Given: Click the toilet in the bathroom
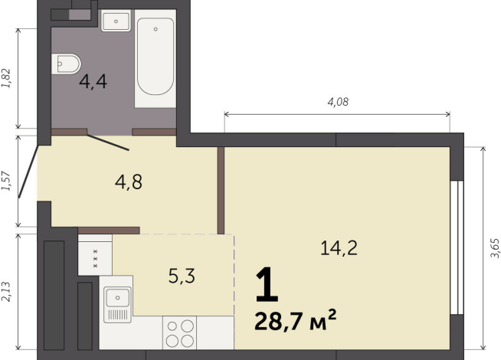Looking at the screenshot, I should point(67,64).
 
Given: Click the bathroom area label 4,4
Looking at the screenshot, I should point(93,80).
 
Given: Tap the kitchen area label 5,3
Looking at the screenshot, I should point(182,275).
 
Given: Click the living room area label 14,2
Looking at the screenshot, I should point(339,247).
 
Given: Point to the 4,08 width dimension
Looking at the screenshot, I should point(338,100).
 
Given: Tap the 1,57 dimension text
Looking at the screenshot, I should point(8,182).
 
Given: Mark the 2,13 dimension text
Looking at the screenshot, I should point(8,293).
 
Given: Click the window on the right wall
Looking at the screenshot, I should point(457,247).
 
